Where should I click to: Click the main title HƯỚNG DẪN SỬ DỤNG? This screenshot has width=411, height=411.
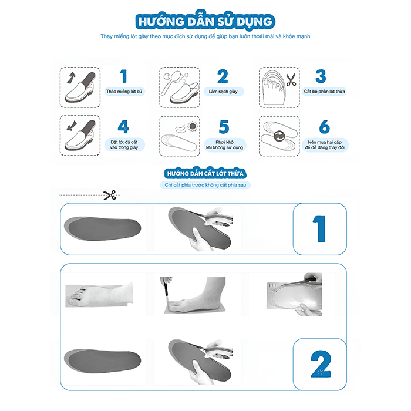click(206, 22)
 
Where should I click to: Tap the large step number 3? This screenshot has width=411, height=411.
click(321, 76)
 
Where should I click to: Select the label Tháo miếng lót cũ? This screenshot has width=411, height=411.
click(124, 92)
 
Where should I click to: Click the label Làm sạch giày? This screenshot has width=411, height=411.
click(223, 92)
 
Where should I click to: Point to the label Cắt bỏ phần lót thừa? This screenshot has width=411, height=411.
click(325, 92)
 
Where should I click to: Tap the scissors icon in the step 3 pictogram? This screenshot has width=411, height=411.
click(291, 80)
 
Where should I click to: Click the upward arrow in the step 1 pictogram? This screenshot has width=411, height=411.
click(71, 78)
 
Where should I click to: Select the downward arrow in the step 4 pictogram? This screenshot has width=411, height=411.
click(72, 126)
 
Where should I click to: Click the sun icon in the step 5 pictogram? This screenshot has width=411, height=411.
click(192, 127)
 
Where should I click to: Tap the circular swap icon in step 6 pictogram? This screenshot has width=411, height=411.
click(279, 136)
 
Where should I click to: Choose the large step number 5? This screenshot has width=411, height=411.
click(224, 127)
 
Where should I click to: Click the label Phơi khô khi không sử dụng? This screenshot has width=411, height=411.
click(225, 144)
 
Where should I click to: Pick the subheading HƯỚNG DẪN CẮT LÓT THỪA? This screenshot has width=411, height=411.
click(206, 174)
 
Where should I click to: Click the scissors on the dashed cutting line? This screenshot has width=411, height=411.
click(110, 195)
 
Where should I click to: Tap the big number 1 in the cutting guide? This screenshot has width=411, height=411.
click(319, 229)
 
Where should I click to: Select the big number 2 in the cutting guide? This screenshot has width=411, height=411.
click(321, 364)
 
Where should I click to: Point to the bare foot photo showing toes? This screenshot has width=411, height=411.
click(99, 294)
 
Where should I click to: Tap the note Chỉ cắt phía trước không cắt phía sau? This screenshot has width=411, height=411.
click(206, 185)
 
